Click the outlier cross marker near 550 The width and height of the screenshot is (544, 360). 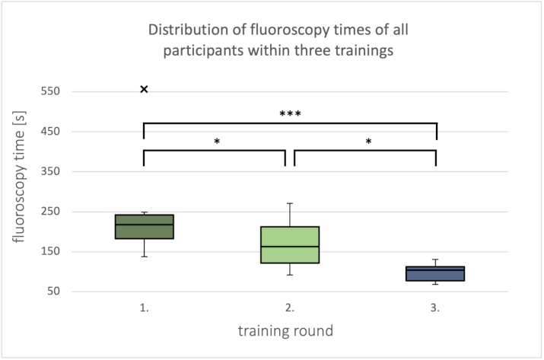144,90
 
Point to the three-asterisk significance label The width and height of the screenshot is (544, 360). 290,114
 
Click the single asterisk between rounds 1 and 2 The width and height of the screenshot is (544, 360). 217,142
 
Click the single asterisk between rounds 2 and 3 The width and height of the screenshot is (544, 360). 367,142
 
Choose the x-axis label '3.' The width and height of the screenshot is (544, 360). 435,309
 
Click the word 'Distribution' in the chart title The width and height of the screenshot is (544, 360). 186,31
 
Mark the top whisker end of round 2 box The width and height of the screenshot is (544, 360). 290,203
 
